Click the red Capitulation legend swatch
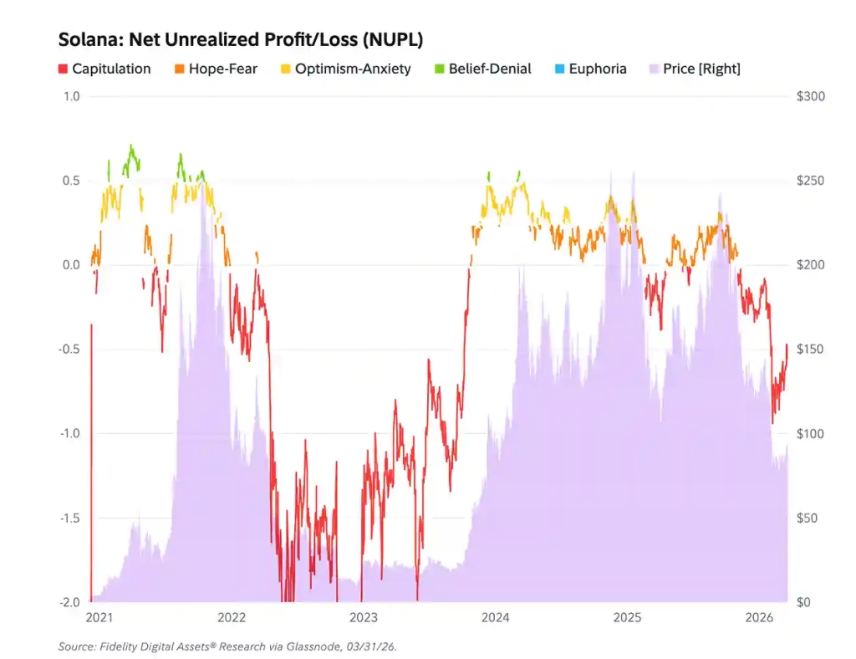point(63,69)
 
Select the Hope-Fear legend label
point(222,69)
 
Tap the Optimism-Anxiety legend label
point(353,69)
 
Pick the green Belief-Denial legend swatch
point(440,69)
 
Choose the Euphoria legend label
point(597,69)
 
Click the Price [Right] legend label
point(701,69)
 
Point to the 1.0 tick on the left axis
point(72,97)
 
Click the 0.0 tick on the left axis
point(71,265)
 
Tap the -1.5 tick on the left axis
point(69,519)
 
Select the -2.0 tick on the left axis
point(69,602)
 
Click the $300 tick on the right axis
point(811,97)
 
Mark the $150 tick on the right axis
point(811,350)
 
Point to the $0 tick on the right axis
point(803,602)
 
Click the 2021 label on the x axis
point(99,617)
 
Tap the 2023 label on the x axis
point(363,617)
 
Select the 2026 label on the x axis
point(759,617)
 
